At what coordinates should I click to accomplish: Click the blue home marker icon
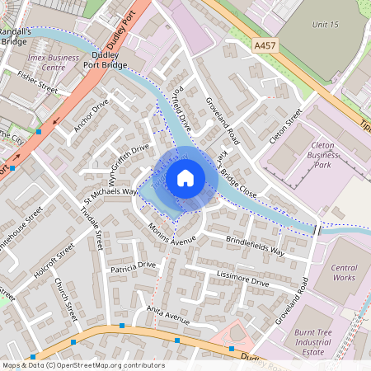(185, 177)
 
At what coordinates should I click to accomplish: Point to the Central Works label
(343, 272)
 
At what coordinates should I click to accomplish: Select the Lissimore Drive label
(242, 279)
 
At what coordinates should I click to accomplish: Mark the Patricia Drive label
(133, 266)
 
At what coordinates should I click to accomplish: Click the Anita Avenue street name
(168, 314)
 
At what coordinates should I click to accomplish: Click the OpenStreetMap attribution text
(82, 365)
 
